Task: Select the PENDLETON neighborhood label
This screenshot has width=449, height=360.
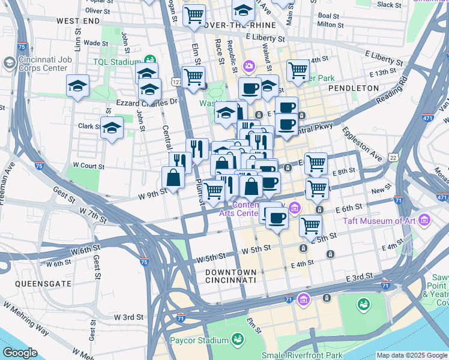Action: pos(354,88)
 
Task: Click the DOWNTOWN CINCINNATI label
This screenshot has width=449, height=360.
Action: pos(231,276)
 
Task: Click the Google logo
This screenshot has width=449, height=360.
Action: pos(20,353)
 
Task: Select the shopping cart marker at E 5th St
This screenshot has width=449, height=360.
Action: pos(310,226)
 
